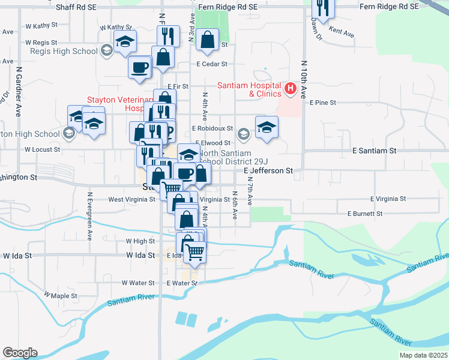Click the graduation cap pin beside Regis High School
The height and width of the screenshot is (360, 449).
[x=125, y=41]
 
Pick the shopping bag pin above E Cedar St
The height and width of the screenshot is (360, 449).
[x=207, y=40]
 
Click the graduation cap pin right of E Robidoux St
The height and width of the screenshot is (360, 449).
[x=267, y=127]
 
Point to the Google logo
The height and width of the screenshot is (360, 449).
[x=20, y=353]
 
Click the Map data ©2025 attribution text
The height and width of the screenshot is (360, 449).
[x=423, y=355]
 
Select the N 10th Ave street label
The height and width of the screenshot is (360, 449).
[x=304, y=79]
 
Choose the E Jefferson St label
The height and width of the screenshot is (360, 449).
[x=268, y=171]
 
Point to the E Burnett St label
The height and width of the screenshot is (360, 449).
[x=365, y=214]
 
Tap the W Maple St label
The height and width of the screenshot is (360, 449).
[x=61, y=296]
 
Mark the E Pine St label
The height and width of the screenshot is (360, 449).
[x=323, y=103]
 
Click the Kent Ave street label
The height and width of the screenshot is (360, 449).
[x=342, y=32]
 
